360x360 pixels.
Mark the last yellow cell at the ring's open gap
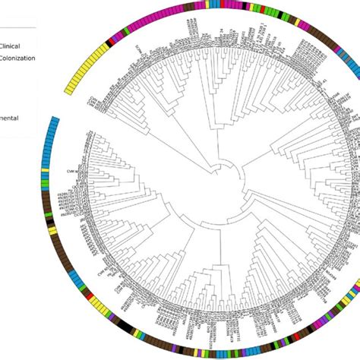[x=55, y=95]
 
